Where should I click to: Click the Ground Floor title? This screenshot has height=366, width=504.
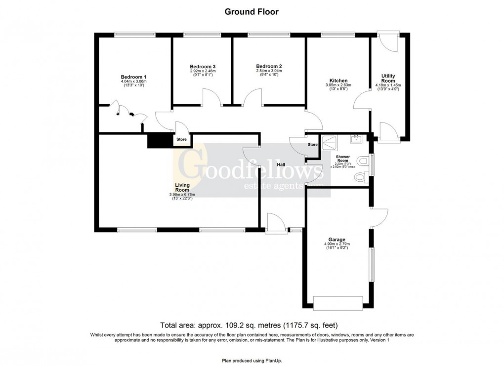click(252, 12)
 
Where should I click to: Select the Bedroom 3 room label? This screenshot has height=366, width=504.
click(203, 66)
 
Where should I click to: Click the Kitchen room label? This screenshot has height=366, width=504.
click(338, 81)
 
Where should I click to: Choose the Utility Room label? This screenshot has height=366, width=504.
click(388, 78)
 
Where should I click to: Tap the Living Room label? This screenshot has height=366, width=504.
click(182, 188)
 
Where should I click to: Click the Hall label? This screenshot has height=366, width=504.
click(281, 165)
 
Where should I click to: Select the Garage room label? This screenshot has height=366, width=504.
click(337, 240)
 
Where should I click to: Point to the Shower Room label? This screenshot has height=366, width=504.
click(343, 159)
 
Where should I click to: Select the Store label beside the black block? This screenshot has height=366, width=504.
click(181, 140)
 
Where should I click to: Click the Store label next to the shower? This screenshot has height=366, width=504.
click(312, 145)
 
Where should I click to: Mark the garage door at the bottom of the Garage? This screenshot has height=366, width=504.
click(338, 302)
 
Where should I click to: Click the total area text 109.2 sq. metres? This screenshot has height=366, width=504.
click(252, 325)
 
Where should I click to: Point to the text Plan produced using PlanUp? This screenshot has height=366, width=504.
click(252, 361)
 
